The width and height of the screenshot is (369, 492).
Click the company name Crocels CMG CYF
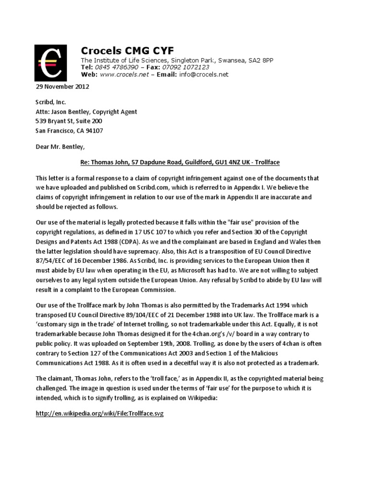coord(127,50)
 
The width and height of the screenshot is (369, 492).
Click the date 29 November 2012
coord(62,87)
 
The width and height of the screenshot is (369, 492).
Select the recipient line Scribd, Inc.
coord(51,102)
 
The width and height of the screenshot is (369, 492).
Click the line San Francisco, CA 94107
coord(69,130)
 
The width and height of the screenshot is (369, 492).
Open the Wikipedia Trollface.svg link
coord(100,413)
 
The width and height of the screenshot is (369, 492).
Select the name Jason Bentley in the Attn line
coord(71,111)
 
